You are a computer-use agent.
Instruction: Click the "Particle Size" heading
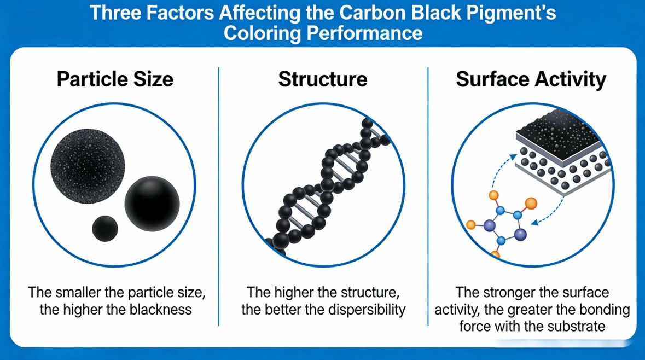(x=115, y=79)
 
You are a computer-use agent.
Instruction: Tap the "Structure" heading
(x=323, y=79)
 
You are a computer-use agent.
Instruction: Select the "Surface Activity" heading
(x=531, y=79)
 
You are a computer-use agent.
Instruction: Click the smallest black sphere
(x=105, y=228)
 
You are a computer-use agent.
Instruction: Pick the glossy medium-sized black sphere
(x=152, y=204)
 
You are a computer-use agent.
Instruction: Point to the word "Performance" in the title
(x=364, y=33)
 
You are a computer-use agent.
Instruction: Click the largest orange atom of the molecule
(x=531, y=203)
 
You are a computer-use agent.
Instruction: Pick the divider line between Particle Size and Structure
(x=219, y=196)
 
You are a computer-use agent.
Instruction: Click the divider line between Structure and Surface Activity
(x=428, y=196)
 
